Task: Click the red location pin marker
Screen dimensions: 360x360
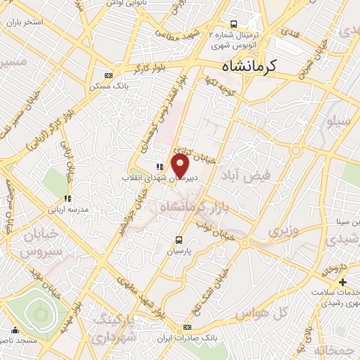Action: (x=181, y=166)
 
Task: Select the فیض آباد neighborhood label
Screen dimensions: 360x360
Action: (x=245, y=174)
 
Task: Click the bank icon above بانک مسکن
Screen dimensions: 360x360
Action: (x=108, y=75)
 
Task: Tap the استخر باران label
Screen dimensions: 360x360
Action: (x=23, y=22)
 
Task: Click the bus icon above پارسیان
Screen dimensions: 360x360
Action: (x=179, y=239)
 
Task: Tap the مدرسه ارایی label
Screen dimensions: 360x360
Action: (x=67, y=210)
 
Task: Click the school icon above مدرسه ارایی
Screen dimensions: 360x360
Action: (x=67, y=198)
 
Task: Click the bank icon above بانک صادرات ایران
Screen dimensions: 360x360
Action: (x=188, y=327)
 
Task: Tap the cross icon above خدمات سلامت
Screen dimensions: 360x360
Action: (x=342, y=281)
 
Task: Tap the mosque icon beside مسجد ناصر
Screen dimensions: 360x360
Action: (x=15, y=329)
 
